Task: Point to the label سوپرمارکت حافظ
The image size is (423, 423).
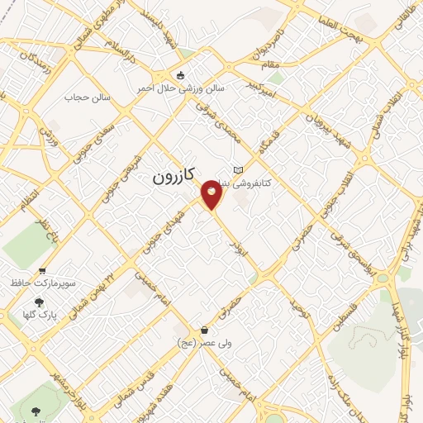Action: pyautogui.click(x=43, y=283)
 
